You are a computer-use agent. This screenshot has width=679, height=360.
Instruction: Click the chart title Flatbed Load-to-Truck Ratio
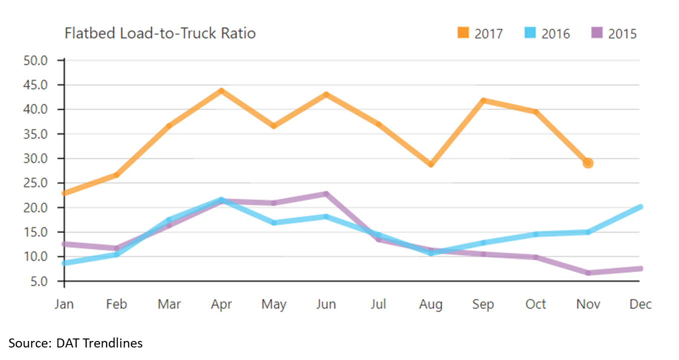click(x=160, y=34)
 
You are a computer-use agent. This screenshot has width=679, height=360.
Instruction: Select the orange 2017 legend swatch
click(x=463, y=33)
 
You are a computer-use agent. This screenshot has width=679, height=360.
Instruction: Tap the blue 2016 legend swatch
click(x=530, y=33)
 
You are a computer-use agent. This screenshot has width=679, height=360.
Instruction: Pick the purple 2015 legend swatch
click(x=597, y=33)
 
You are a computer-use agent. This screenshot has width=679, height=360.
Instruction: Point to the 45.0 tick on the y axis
click(x=36, y=85)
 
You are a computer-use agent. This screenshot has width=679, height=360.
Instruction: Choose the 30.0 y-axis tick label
click(x=36, y=159)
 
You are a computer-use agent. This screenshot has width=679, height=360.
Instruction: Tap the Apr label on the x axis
click(x=221, y=304)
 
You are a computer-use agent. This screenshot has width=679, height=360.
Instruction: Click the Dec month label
click(x=640, y=304)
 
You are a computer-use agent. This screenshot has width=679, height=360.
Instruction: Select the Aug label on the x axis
click(x=431, y=304)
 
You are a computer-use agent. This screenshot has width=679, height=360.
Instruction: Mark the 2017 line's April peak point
click(x=221, y=91)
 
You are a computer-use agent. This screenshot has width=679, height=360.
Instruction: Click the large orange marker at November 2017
click(x=588, y=163)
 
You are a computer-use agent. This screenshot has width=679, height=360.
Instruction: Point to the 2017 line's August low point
click(x=431, y=164)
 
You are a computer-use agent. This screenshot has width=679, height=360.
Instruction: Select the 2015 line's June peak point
click(x=326, y=194)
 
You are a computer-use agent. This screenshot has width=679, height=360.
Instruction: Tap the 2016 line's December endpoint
click(x=640, y=207)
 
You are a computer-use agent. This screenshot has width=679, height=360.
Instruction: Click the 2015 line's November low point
click(x=588, y=273)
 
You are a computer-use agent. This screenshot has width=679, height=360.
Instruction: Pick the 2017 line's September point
click(x=483, y=101)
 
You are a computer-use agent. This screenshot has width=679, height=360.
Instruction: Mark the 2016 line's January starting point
click(x=65, y=263)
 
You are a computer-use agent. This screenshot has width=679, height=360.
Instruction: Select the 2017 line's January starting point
click(x=65, y=193)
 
